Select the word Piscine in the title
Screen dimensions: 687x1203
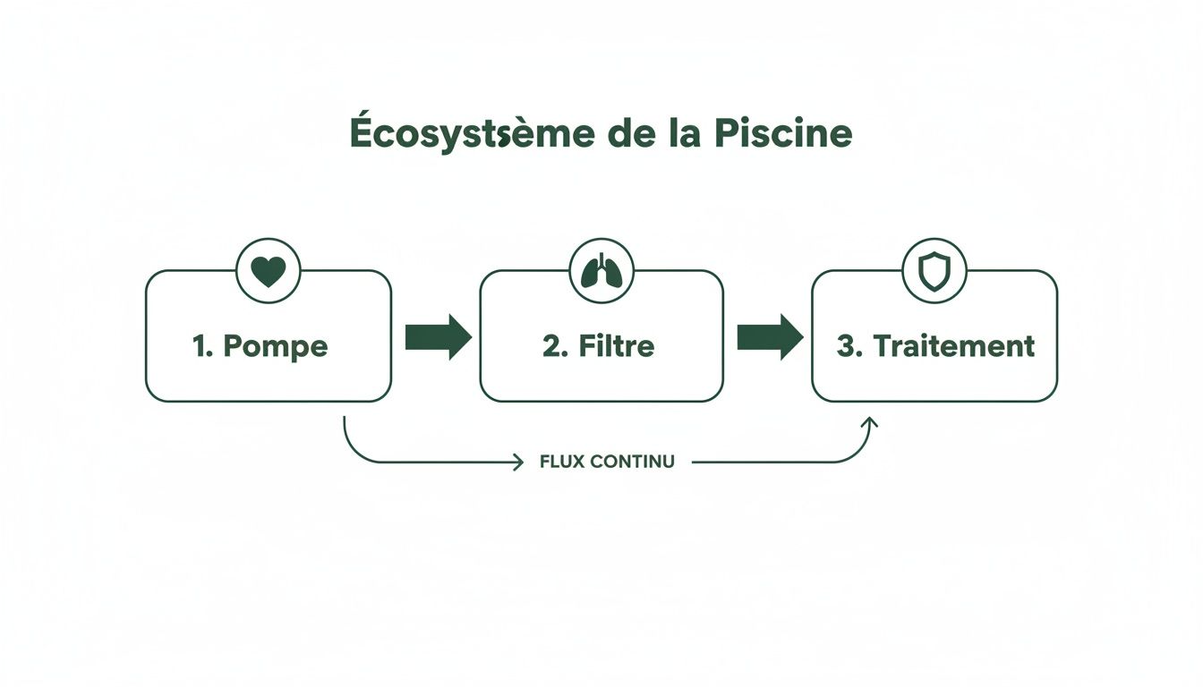pyautogui.click(x=783, y=134)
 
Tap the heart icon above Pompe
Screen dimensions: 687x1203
pyautogui.click(x=268, y=271)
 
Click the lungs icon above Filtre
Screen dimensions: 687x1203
pyautogui.click(x=601, y=271)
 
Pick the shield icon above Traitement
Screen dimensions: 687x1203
pyautogui.click(x=934, y=271)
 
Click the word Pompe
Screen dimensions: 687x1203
pyautogui.click(x=275, y=346)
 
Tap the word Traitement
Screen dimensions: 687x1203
pyautogui.click(x=953, y=346)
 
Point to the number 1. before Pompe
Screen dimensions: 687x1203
pyautogui.click(x=203, y=346)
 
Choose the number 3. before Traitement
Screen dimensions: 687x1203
pyautogui.click(x=849, y=346)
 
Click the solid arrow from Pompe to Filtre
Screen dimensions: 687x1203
pyautogui.click(x=438, y=337)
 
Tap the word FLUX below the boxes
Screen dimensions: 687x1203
pyautogui.click(x=561, y=462)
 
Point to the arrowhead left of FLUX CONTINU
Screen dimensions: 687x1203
pyautogui.click(x=517, y=462)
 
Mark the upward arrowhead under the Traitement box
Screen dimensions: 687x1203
pyautogui.click(x=869, y=422)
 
